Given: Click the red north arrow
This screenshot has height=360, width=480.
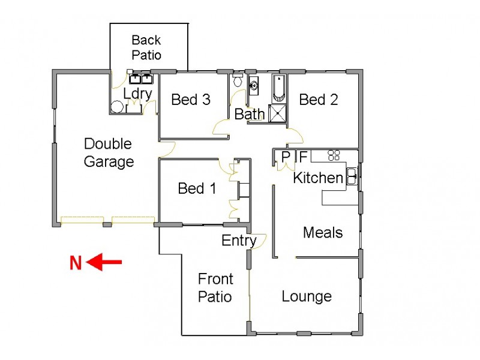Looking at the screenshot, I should click(x=104, y=262).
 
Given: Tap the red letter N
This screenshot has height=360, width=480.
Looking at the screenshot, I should click(x=76, y=263).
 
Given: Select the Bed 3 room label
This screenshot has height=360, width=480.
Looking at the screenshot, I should click(x=191, y=100).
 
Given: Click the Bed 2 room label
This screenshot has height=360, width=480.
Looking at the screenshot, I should click(x=319, y=100).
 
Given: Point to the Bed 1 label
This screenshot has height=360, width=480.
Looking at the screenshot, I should click(x=197, y=189).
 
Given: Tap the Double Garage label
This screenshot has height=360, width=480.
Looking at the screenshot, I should click(x=108, y=152).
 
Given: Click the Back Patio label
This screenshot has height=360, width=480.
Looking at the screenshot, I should click(x=146, y=47).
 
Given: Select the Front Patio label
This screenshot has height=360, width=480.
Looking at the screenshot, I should click(x=215, y=287).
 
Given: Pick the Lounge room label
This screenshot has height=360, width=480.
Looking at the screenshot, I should click(x=307, y=296).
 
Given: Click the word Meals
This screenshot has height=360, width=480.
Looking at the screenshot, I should click(x=323, y=232).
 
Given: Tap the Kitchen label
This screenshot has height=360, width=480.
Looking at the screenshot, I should click(x=318, y=178).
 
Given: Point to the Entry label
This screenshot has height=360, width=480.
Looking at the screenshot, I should click(x=239, y=241).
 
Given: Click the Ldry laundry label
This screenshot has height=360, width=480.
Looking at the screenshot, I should click(x=137, y=94).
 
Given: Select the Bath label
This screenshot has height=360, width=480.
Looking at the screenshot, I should click(x=250, y=114).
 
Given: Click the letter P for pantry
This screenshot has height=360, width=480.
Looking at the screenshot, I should click(x=286, y=157).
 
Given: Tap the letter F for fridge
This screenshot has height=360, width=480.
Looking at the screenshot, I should click(x=303, y=157).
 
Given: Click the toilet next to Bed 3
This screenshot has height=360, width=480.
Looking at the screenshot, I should click(x=238, y=80).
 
